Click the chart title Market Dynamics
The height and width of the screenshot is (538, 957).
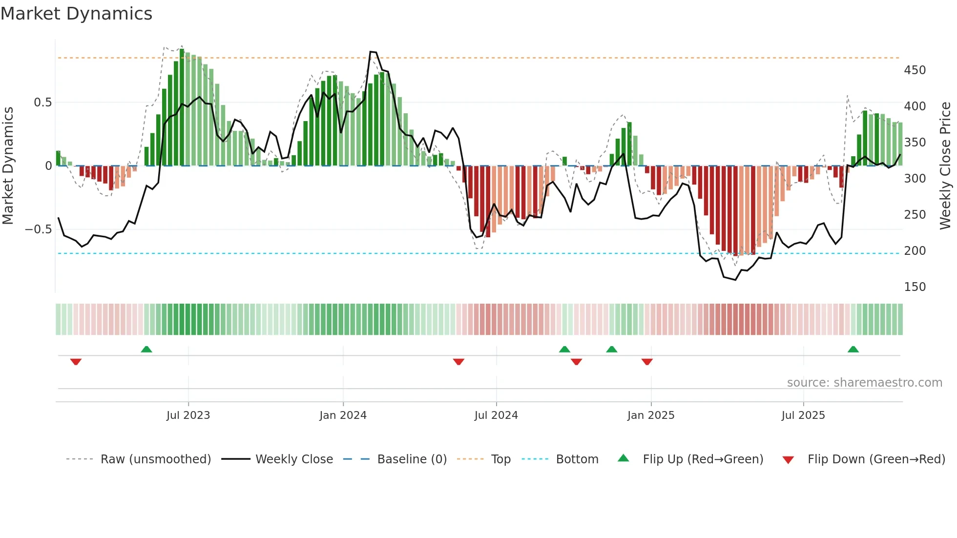pos(77,14)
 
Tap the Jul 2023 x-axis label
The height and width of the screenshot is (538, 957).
pos(188,415)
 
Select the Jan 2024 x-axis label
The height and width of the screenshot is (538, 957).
pos(343,415)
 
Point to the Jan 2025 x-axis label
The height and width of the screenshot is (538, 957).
pos(651,415)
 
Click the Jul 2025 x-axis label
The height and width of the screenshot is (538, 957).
pos(803,415)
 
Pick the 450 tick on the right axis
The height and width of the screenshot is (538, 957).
pos(915,70)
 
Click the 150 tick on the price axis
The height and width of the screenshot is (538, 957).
pos(915,287)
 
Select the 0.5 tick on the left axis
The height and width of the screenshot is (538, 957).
pos(42,103)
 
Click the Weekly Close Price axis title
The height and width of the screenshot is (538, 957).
pos(945,166)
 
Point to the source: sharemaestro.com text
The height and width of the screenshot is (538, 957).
pos(864,383)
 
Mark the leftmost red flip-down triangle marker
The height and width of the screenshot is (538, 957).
pos(76,362)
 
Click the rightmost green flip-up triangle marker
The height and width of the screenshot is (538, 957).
pos(853,349)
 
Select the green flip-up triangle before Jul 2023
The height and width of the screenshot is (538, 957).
pos(146,349)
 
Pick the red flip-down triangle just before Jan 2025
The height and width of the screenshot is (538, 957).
pos(647,362)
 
